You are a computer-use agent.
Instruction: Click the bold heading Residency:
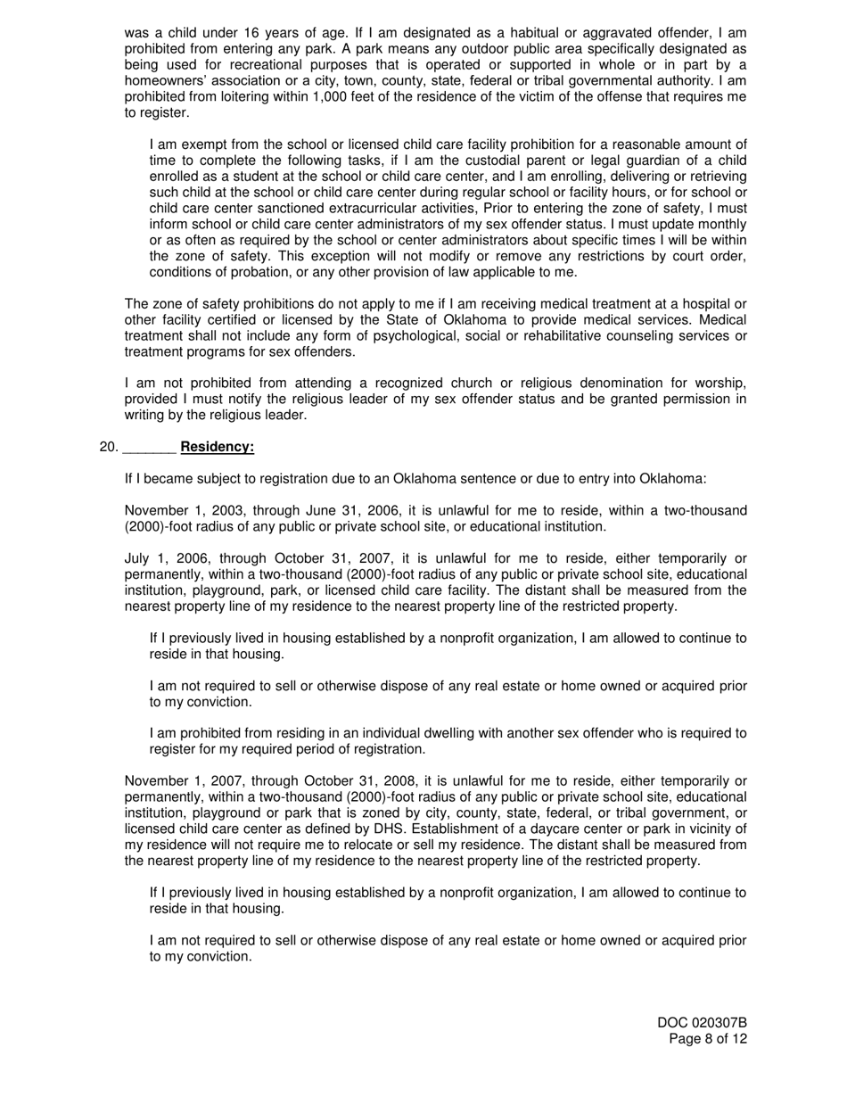point(217,447)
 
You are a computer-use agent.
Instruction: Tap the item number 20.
point(109,447)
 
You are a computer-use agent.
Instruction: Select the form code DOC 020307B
point(703,1023)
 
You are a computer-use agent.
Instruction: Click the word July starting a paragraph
point(139,558)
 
